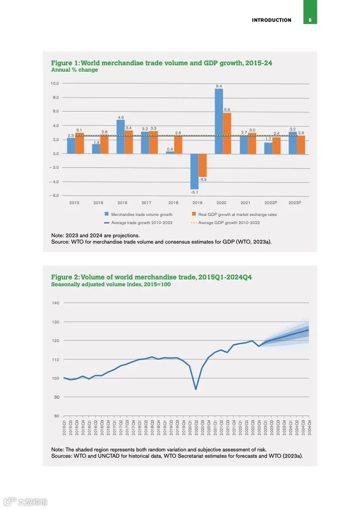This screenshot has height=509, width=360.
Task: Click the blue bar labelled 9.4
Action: (219, 121)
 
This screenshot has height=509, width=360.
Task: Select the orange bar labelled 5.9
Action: (227, 133)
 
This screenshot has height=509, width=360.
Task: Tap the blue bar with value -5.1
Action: (194, 171)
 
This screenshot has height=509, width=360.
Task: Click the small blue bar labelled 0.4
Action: (170, 152)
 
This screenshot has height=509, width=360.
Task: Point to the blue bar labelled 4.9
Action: (120, 137)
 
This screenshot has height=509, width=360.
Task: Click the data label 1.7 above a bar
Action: (268, 139)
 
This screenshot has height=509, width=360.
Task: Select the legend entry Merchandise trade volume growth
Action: (141, 215)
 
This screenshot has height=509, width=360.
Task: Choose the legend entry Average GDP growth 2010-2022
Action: (229, 223)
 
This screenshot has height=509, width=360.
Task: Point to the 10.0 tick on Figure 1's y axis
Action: (54, 83)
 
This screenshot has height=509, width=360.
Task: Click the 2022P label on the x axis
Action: (271, 203)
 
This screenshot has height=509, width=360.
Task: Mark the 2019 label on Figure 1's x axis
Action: (197, 203)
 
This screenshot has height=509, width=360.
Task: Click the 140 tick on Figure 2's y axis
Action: (55, 303)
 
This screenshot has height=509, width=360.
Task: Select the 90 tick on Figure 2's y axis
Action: (56, 397)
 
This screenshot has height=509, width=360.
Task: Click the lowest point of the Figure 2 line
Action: (196, 390)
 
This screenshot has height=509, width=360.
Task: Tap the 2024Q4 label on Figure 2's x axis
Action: (310, 427)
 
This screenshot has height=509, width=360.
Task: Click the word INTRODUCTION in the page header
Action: (271, 20)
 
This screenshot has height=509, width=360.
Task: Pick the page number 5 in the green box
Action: (310, 20)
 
